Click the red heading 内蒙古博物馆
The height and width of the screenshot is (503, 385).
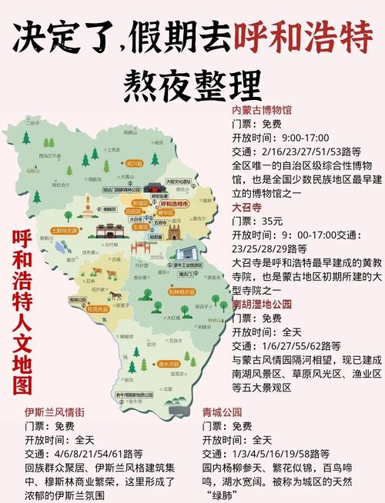click(262, 110)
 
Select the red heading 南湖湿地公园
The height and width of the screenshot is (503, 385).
click(262, 305)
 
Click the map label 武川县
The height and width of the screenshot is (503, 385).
click(135, 163)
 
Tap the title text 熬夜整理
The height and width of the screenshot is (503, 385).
click(192, 79)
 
